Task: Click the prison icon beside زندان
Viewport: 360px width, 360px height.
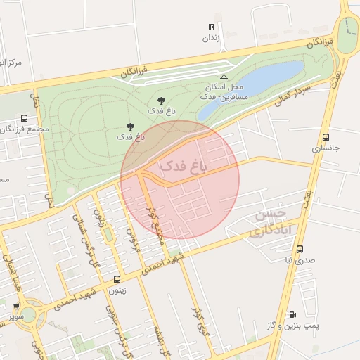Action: (x=211, y=27)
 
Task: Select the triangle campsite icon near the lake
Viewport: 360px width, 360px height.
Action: (x=224, y=77)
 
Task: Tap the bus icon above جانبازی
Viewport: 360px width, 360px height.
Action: (x=326, y=137)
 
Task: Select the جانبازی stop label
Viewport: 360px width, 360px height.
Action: (x=326, y=149)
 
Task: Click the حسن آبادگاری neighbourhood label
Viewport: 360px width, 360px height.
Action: (x=267, y=221)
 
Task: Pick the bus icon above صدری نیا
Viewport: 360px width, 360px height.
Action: (x=300, y=249)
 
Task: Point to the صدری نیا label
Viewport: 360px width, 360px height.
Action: (x=300, y=261)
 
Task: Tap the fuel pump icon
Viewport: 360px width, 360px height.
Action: (x=292, y=314)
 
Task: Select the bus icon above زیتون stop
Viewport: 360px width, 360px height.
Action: (x=117, y=279)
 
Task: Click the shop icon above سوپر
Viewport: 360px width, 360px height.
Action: (x=16, y=306)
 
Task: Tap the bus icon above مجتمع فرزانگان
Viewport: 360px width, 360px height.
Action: (x=25, y=119)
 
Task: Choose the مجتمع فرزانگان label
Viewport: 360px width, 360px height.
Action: (x=25, y=130)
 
